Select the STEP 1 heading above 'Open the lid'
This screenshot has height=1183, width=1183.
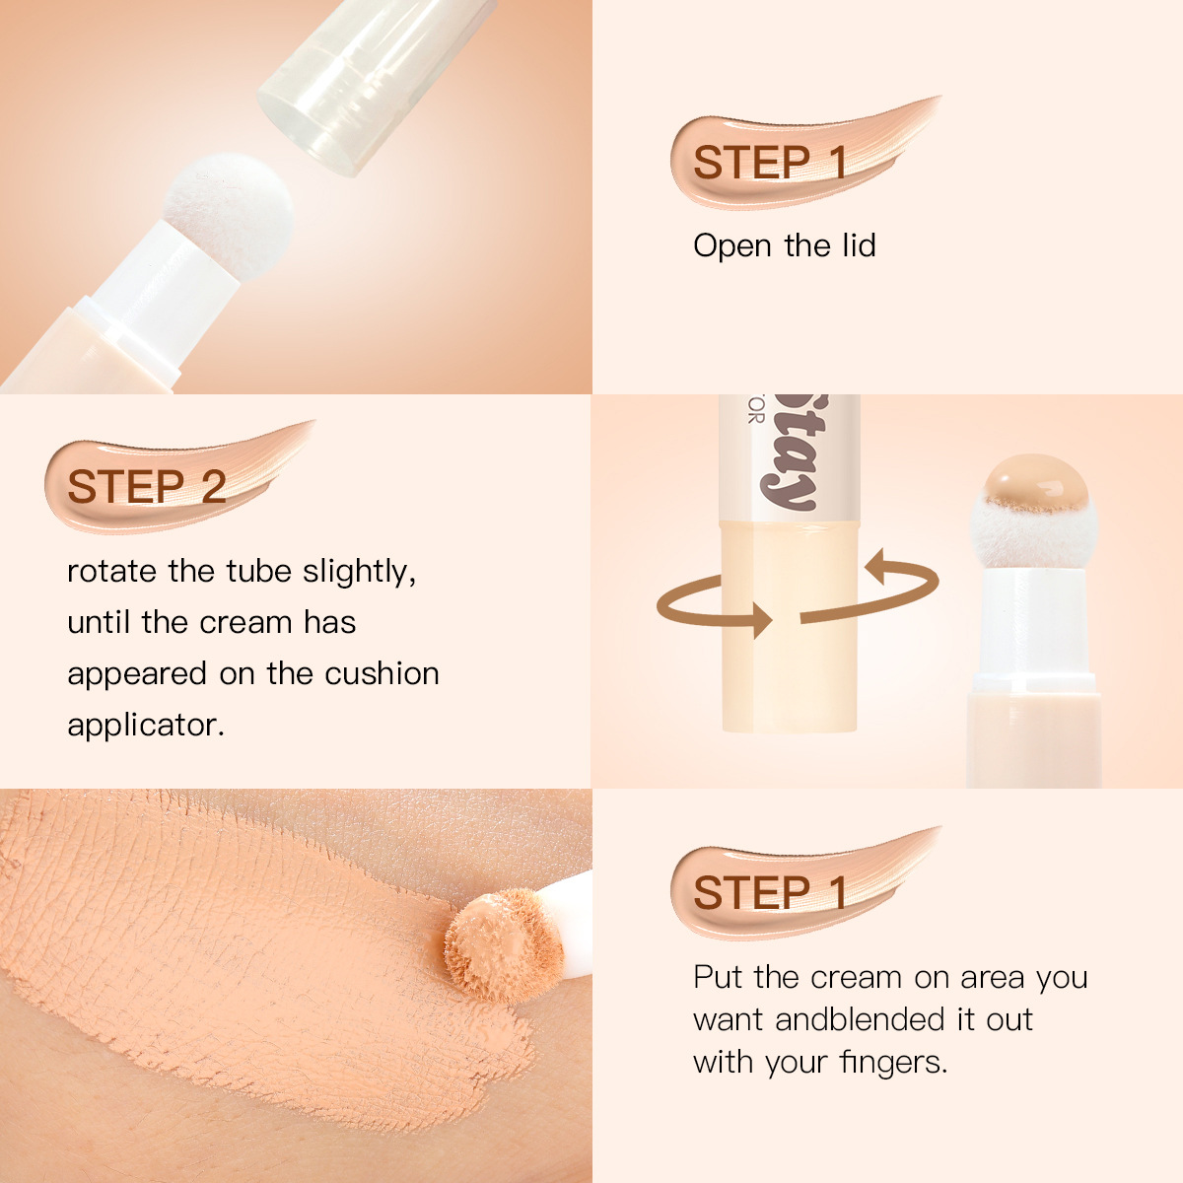click(770, 163)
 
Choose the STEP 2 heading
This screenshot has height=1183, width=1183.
click(146, 487)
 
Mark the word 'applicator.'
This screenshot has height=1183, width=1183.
click(146, 726)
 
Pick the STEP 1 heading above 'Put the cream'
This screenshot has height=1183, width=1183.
click(770, 892)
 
